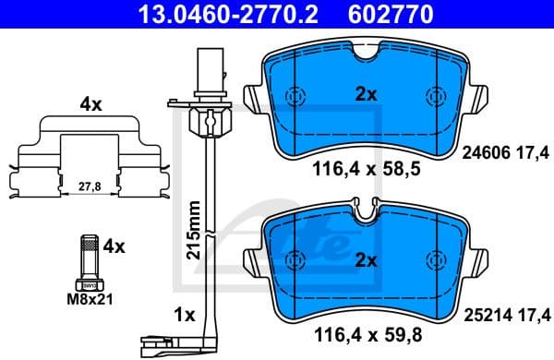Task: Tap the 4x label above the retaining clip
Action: pyautogui.click(x=90, y=105)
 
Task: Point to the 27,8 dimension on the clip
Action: pyautogui.click(x=90, y=186)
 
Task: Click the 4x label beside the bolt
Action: pyautogui.click(x=114, y=246)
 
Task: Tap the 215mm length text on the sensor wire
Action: pyautogui.click(x=193, y=231)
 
